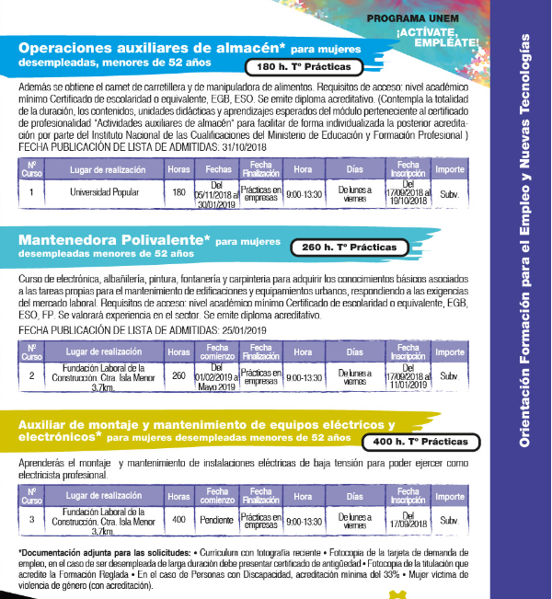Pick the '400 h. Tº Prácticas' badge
[x=422, y=443]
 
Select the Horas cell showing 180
[x=178, y=193]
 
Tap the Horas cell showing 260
[x=178, y=376]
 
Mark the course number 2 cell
[x=31, y=376]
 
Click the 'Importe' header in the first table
[x=450, y=169]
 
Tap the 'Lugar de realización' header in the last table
[x=104, y=497]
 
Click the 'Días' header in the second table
[x=355, y=352]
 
